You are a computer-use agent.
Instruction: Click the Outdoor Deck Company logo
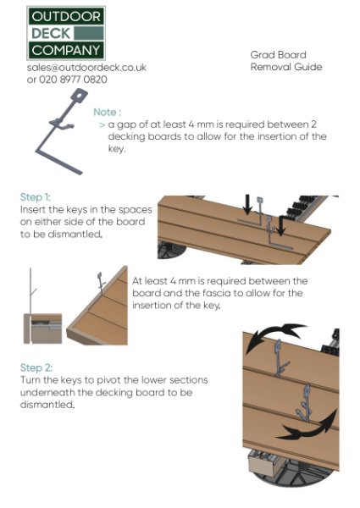65,33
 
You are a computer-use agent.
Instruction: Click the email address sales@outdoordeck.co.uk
86,67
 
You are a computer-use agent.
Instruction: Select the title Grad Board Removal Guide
285,61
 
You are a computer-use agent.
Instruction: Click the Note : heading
107,112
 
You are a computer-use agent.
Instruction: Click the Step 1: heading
36,196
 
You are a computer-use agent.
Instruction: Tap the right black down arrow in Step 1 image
281,225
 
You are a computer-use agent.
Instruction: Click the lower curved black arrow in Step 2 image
306,425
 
